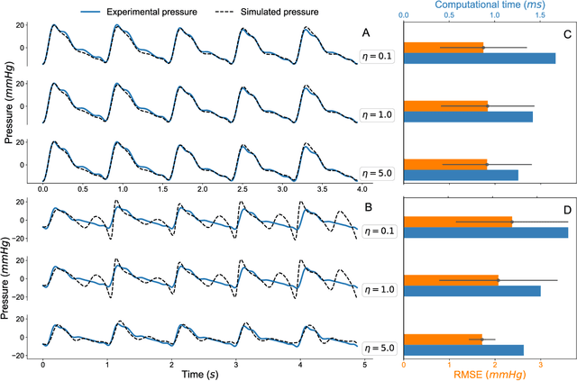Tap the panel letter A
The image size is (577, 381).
click(366, 32)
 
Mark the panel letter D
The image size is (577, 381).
click(564, 212)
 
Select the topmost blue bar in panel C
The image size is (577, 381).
click(479, 59)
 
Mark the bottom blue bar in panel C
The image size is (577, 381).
click(461, 175)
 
